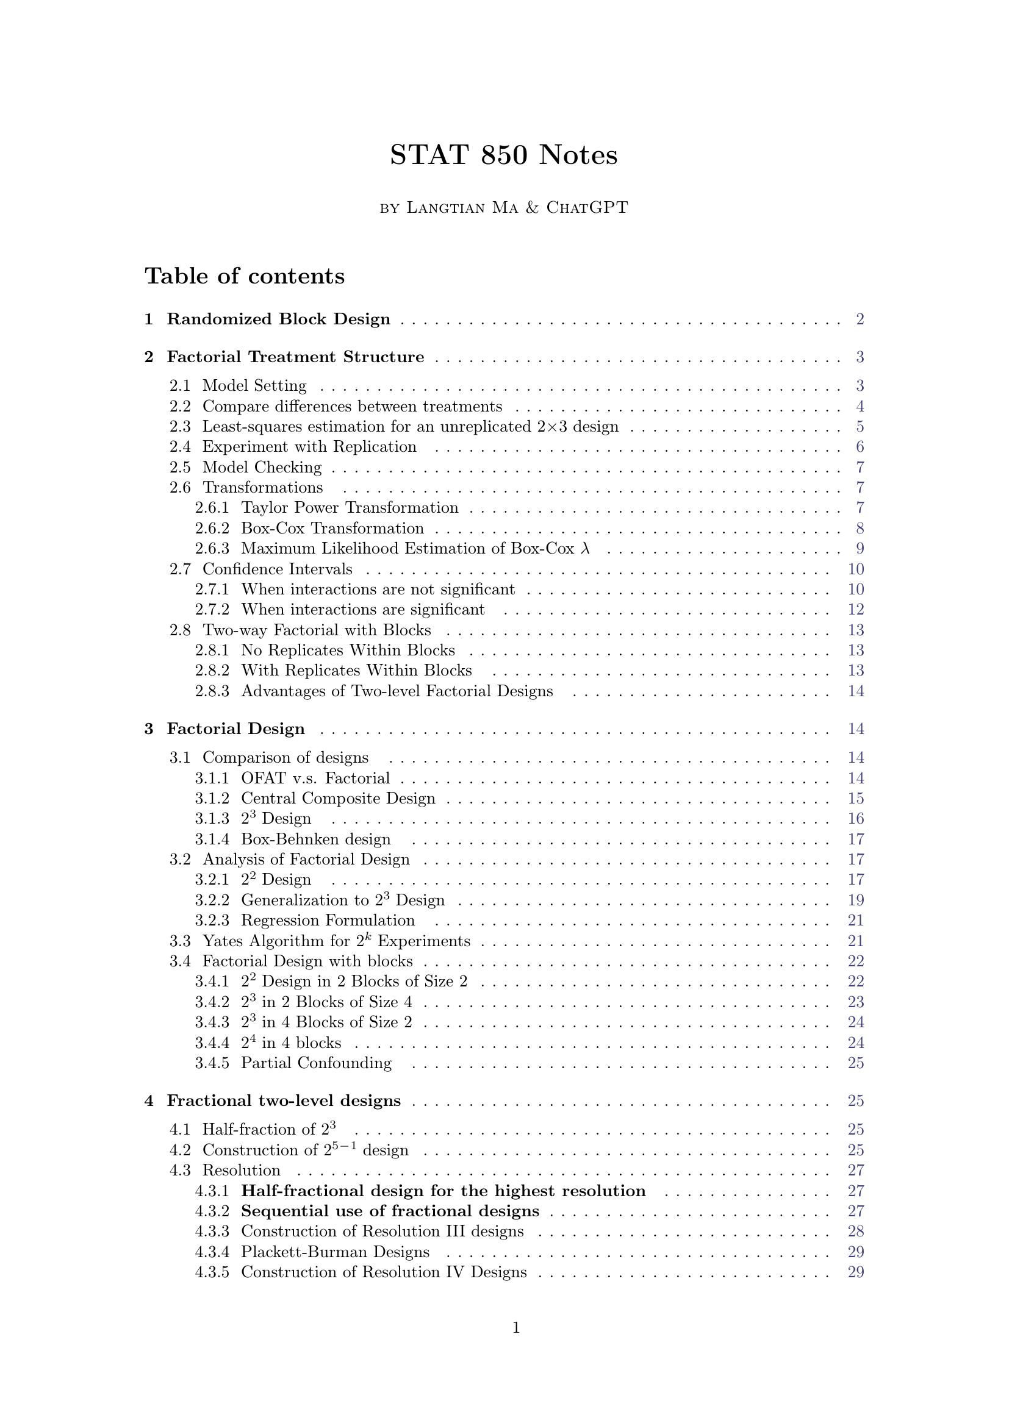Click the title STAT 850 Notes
tap(504, 155)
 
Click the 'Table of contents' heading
tap(245, 276)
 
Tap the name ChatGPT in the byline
tap(587, 207)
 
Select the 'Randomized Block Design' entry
tap(278, 319)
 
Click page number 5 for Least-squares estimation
tap(860, 427)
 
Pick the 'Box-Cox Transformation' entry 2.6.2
tap(332, 529)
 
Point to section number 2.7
tap(180, 569)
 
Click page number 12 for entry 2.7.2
tap(855, 610)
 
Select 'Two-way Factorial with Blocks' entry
tap(317, 630)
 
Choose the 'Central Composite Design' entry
tap(338, 799)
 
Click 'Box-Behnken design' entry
tap(315, 840)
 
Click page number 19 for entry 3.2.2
tap(855, 900)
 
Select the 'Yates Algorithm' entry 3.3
tap(336, 941)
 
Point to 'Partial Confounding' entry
tap(316, 1063)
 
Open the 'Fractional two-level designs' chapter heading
tap(283, 1101)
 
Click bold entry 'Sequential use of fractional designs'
tap(390, 1211)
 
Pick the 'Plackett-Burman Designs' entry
tap(335, 1252)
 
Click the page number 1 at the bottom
tap(515, 1328)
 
